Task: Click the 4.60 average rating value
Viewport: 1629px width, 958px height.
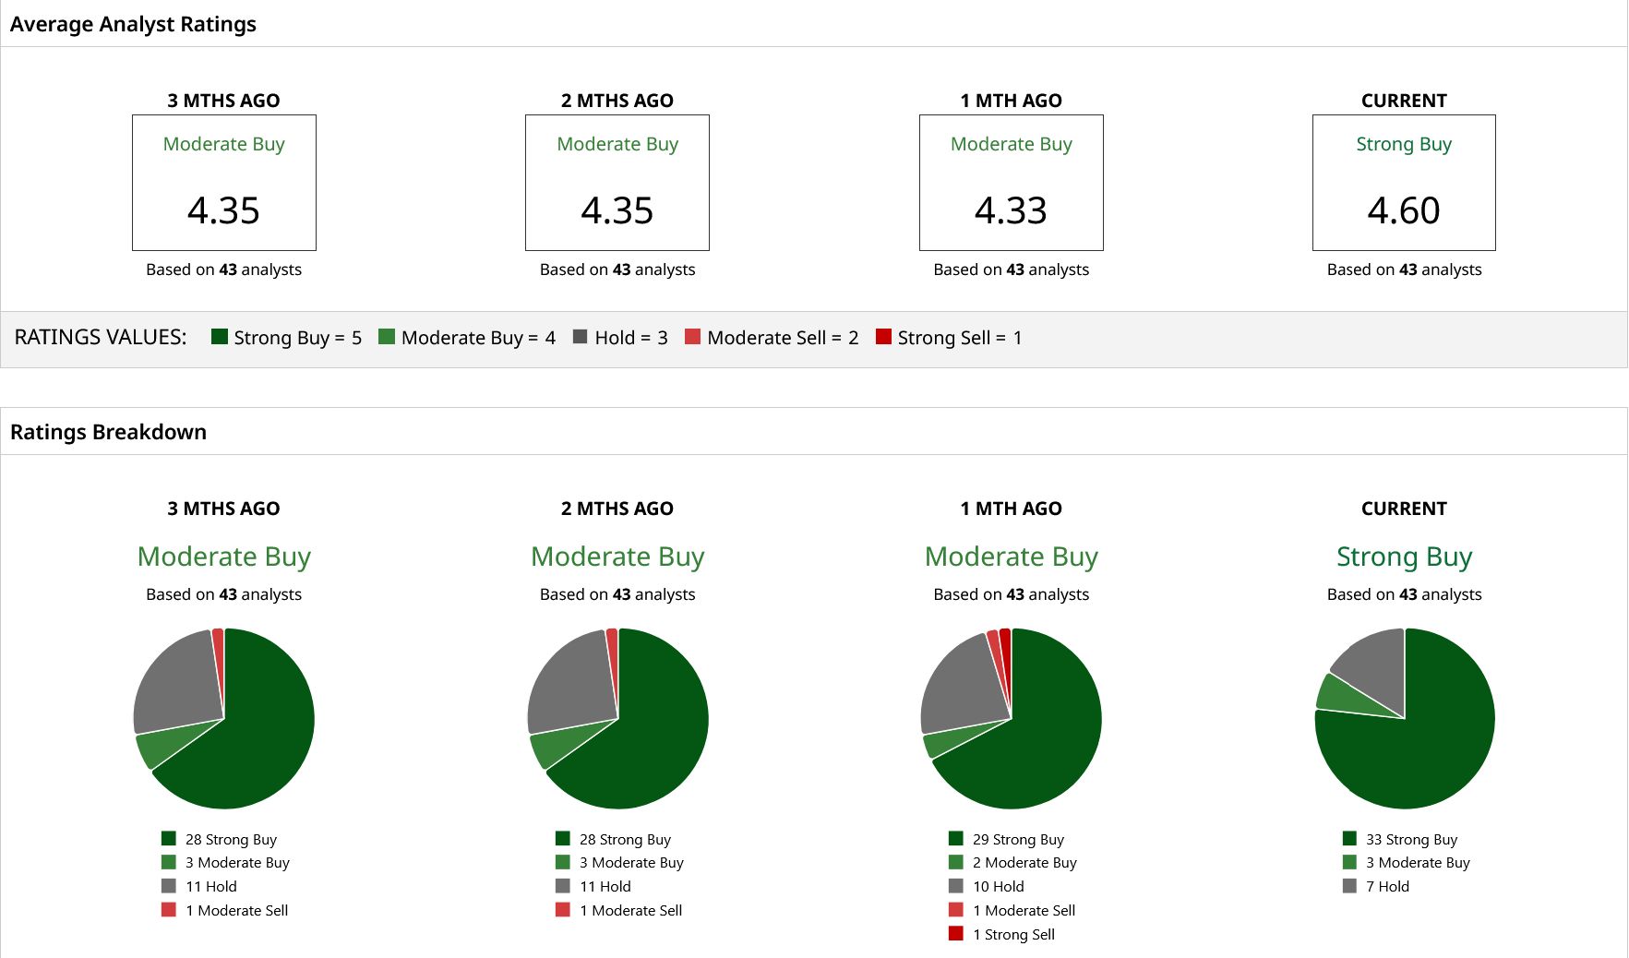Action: (1404, 210)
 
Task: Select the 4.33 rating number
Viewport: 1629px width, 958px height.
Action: (1011, 210)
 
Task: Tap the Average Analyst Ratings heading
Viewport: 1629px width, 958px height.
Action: (133, 24)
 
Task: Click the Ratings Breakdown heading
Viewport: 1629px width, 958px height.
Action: (108, 432)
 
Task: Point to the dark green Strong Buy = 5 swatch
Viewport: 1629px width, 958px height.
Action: (219, 337)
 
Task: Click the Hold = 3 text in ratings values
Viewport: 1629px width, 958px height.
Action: (631, 338)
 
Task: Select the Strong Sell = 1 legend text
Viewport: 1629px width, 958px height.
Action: (960, 338)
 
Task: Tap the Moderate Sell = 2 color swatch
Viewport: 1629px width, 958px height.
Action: (692, 337)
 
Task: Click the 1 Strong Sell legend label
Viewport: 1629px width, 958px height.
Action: (1013, 934)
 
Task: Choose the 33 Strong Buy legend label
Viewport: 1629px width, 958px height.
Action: (1411, 839)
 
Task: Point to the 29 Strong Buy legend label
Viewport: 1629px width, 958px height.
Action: (1018, 839)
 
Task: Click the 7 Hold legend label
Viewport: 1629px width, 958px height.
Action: (1387, 886)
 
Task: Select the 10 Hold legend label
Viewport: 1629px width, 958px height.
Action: (998, 886)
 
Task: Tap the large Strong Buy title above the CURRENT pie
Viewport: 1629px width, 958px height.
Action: (1404, 557)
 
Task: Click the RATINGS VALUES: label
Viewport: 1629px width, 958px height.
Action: (101, 337)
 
